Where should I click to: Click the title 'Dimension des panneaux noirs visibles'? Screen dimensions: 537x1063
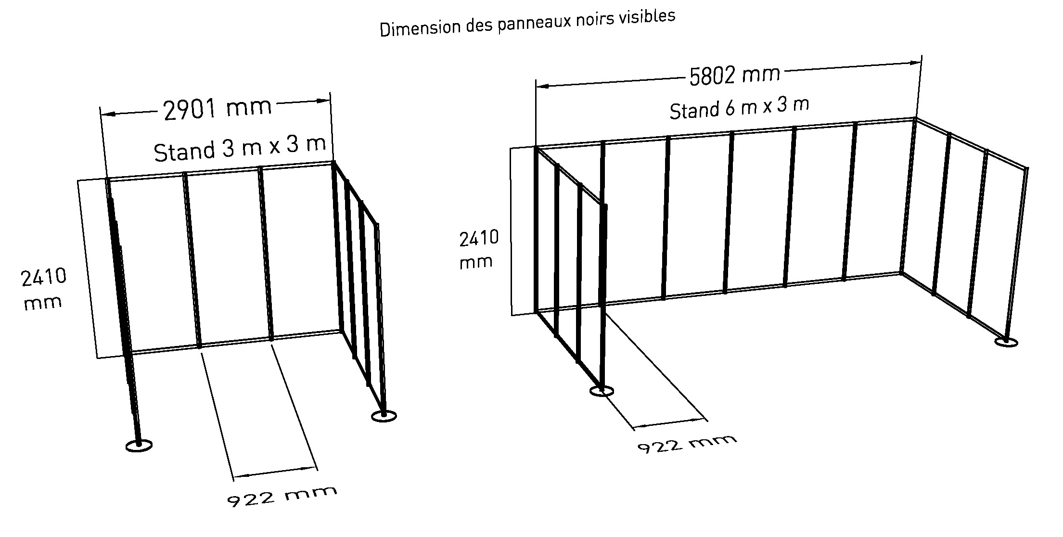[x=527, y=23]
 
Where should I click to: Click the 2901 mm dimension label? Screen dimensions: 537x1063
[x=218, y=108]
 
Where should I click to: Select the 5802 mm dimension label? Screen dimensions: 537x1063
[x=734, y=75]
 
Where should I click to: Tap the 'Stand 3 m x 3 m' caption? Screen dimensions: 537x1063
[x=240, y=147]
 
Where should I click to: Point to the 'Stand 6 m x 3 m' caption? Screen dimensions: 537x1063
[x=739, y=108]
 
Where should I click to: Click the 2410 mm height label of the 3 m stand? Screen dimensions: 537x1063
[x=43, y=289]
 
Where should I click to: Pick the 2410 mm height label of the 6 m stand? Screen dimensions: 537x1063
[x=478, y=249]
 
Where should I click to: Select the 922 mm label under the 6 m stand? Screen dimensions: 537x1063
[x=687, y=444]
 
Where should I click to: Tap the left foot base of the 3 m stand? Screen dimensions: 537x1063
[x=139, y=446]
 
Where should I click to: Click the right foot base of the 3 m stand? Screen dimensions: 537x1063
[x=384, y=416]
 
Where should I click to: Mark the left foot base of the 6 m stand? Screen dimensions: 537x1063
[x=602, y=391]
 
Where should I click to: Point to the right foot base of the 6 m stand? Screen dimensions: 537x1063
[x=1006, y=342]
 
